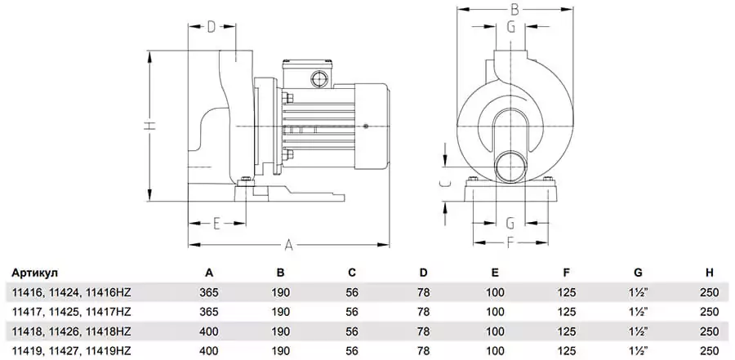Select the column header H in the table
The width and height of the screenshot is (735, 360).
click(709, 273)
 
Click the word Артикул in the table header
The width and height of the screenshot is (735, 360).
click(36, 273)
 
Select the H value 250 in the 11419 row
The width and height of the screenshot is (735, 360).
click(709, 350)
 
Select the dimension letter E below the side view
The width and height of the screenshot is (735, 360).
click(216, 223)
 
